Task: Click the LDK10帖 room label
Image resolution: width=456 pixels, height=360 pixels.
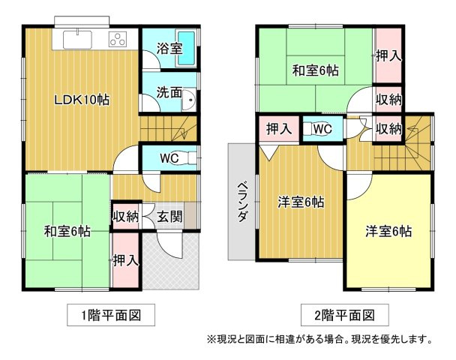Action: [82, 100]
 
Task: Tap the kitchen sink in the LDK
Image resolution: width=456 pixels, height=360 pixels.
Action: [77, 40]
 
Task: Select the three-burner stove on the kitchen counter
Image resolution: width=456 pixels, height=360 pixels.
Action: [118, 39]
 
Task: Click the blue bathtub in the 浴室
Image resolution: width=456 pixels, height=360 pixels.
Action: [186, 48]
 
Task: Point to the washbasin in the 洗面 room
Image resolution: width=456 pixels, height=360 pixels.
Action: [189, 100]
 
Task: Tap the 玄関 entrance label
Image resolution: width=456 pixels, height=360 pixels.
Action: [169, 217]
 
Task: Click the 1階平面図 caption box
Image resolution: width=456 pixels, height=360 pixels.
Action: [111, 315]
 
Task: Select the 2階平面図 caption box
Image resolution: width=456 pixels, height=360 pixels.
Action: [345, 315]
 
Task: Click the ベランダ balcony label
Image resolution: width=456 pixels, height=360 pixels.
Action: [243, 202]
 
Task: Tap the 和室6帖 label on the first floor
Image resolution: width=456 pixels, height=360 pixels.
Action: [67, 232]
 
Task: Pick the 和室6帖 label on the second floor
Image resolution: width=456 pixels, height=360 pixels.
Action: [316, 70]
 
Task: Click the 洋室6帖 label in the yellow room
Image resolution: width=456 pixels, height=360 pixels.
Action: [388, 232]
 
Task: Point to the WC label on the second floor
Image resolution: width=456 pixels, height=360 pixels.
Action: [322, 129]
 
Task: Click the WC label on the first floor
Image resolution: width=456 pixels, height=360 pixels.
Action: [169, 158]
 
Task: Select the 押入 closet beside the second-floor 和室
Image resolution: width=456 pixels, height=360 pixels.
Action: [388, 55]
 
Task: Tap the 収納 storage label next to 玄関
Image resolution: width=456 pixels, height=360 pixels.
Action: [126, 217]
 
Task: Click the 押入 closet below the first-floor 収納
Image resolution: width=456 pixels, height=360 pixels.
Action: [126, 260]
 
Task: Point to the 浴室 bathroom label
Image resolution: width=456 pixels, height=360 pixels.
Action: [169, 48]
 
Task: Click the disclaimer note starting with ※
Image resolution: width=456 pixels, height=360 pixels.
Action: [319, 339]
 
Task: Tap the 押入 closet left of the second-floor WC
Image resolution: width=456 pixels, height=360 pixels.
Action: [279, 129]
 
